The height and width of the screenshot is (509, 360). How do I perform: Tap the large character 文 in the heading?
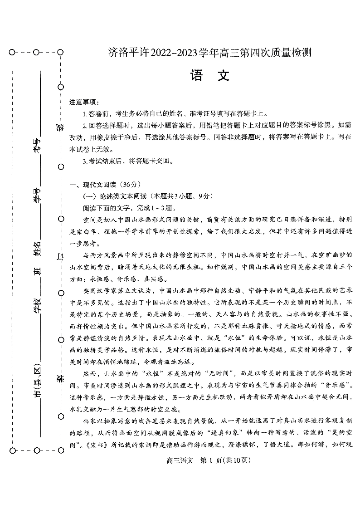(224, 76)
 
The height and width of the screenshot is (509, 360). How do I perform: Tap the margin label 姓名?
(37, 249)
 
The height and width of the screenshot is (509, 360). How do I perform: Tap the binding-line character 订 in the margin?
(60, 257)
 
